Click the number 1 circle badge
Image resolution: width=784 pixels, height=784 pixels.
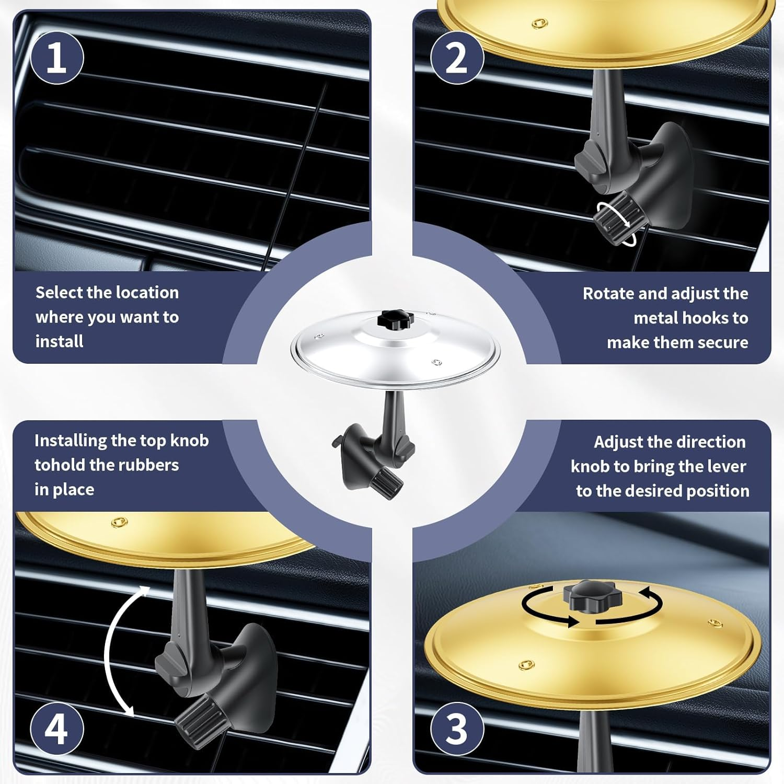pyautogui.click(x=56, y=57)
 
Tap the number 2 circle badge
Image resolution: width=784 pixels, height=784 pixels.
pyautogui.click(x=456, y=57)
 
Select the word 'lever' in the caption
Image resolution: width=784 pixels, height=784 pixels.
pyautogui.click(x=723, y=466)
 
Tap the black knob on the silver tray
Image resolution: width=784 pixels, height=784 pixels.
pyautogui.click(x=396, y=319)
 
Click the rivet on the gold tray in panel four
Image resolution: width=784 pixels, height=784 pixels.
pyautogui.click(x=119, y=522)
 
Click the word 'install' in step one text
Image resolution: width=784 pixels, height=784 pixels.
pyautogui.click(x=59, y=341)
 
